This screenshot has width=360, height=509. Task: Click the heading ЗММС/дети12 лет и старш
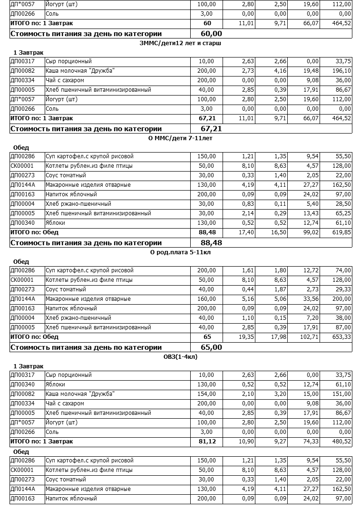[x=180, y=43]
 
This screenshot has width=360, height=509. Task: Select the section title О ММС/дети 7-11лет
[x=180, y=138]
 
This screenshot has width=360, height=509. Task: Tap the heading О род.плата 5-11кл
[x=180, y=252]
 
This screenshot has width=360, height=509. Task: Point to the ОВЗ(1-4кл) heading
[x=180, y=357]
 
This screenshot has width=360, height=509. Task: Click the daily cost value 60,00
[x=212, y=34]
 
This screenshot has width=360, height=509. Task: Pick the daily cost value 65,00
[x=212, y=347]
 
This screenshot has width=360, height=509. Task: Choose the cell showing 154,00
[x=207, y=394]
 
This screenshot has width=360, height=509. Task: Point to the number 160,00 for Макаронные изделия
[x=207, y=299]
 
